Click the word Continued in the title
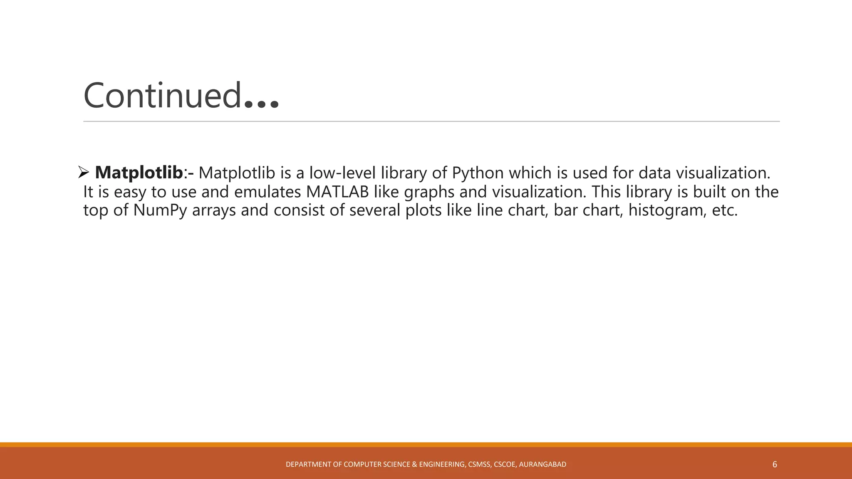[x=162, y=96]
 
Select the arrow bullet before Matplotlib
[x=84, y=172]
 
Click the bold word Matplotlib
[x=139, y=173]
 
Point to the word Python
[x=478, y=173]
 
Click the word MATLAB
[x=337, y=192]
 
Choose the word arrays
[x=214, y=210]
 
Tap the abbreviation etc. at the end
[x=725, y=210]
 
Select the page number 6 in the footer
[x=775, y=464]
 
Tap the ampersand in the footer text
[x=414, y=464]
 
